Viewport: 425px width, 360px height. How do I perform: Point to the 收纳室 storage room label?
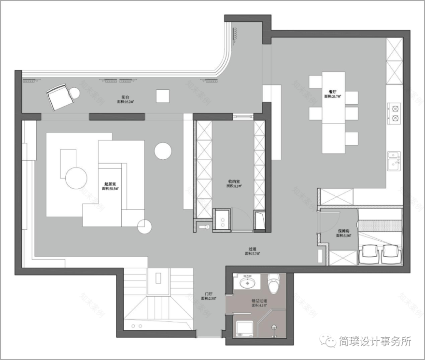click(235, 182)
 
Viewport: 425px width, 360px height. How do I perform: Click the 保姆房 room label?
click(344, 231)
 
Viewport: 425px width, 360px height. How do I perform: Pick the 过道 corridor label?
click(252, 249)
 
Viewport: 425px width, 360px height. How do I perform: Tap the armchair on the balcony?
click(59, 97)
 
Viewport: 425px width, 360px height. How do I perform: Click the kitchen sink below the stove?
click(394, 162)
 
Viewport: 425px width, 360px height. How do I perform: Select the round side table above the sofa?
click(163, 151)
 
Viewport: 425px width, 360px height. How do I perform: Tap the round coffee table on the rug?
click(76, 178)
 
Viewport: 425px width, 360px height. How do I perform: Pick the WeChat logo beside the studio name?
click(331, 342)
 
